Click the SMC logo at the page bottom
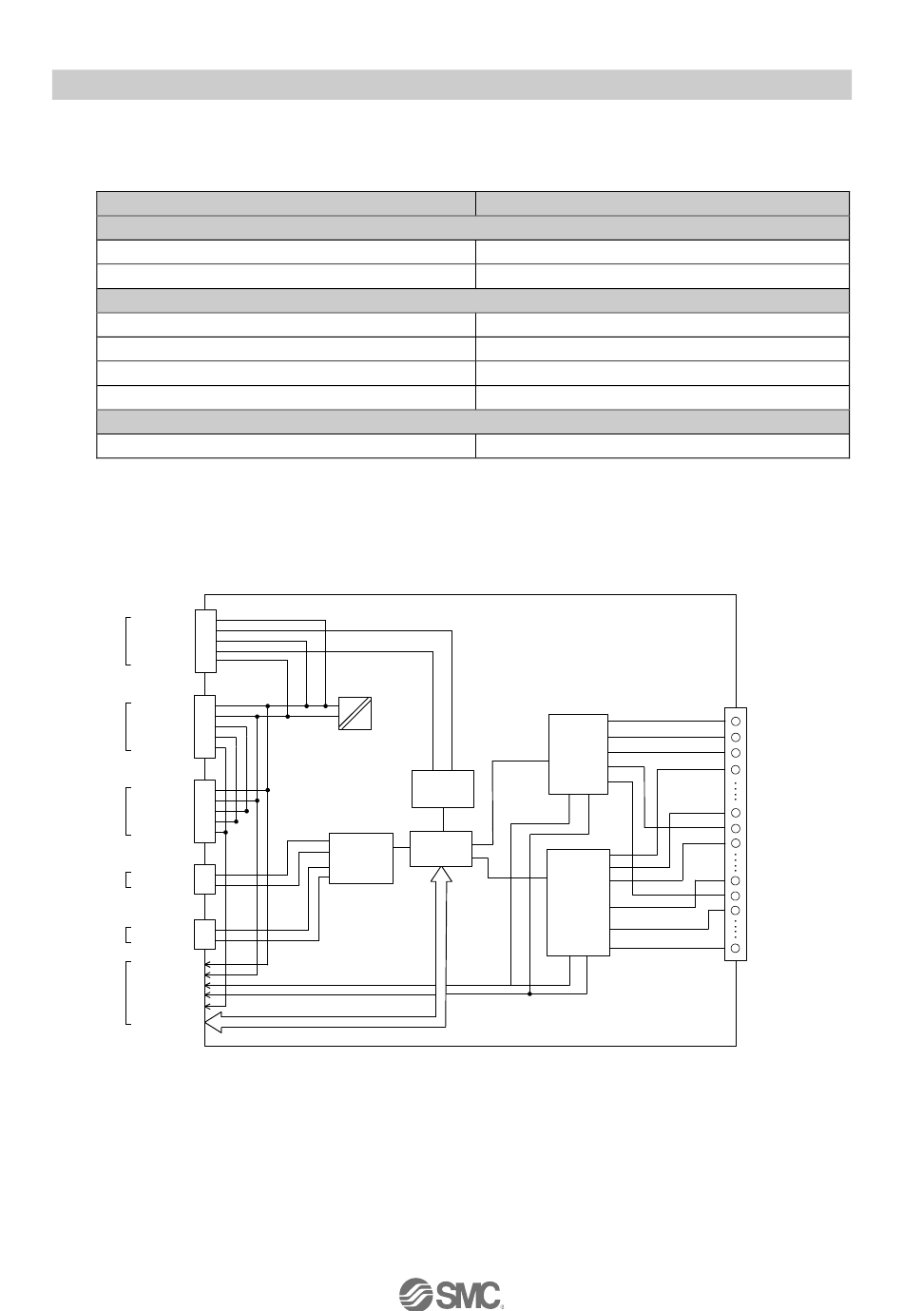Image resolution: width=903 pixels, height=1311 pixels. point(450,1294)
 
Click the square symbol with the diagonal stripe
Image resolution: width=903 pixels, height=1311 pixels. point(355,713)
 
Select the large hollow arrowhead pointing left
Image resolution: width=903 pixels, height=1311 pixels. point(215,1022)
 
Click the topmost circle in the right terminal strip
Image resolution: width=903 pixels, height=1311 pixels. point(736,722)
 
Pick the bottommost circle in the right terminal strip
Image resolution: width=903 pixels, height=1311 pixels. point(736,949)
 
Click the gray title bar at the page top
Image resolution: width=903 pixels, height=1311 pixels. point(451,84)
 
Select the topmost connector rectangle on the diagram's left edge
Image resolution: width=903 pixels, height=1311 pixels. point(205,641)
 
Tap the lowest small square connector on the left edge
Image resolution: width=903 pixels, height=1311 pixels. point(204,934)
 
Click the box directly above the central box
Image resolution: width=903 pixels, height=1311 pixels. point(442,788)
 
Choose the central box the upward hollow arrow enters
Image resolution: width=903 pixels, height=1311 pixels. point(440,848)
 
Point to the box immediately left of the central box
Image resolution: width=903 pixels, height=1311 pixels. point(360,858)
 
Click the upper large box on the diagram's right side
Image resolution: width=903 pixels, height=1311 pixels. point(578,754)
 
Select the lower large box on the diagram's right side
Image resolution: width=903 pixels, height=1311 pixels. point(577,902)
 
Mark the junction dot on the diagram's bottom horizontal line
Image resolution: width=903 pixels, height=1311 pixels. point(529,993)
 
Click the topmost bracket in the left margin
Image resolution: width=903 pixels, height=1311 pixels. point(127,640)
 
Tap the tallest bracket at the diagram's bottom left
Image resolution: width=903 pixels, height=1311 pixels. point(127,993)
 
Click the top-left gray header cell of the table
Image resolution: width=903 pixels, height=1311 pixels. point(285,203)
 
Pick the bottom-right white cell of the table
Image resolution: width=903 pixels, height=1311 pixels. point(662,446)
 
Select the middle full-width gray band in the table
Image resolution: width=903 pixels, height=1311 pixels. point(472,300)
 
